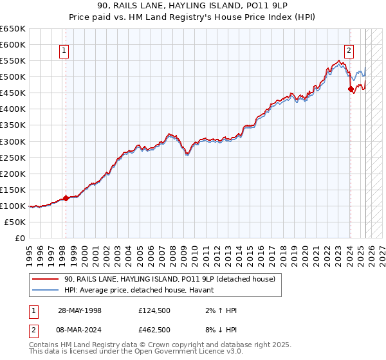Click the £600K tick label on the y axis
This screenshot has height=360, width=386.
point(12,44)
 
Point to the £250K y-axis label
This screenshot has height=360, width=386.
point(12,157)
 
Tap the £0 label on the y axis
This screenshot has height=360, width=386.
point(19,238)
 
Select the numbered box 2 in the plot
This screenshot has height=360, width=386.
point(349,51)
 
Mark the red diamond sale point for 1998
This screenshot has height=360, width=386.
point(66,198)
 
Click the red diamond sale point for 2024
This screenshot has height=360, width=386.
point(351,89)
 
